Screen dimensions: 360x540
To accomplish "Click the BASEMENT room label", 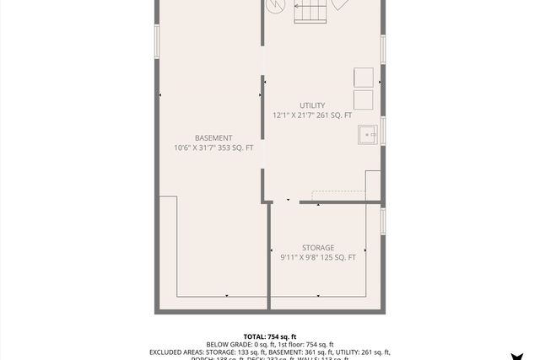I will coord(213,137).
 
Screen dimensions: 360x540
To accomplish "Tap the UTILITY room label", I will coord(311,105).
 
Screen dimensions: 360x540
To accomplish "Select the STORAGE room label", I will coord(318,248).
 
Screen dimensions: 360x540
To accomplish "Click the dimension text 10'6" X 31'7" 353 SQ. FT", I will coord(213,148).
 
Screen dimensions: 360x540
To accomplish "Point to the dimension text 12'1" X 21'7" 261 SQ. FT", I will coord(311,116).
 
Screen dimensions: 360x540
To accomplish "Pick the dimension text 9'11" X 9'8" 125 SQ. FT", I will coord(318,258).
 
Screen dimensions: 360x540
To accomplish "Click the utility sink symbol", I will coord(368,134).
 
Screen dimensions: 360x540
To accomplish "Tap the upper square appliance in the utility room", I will coord(363,77).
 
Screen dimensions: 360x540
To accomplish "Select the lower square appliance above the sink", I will coord(363,99).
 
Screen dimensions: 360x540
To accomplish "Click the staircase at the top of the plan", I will coord(310,11).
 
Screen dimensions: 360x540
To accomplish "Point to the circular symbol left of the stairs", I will coord(275,5).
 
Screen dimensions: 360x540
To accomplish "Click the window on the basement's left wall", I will coord(157,41).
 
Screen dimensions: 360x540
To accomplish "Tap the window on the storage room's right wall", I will coord(383,221).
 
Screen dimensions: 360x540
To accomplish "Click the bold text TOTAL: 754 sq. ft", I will coord(270,336).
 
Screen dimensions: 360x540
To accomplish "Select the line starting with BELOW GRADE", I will coord(270,345).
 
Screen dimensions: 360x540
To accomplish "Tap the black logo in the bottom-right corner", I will coord(516,356).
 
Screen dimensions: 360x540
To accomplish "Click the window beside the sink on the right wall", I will coord(383,132).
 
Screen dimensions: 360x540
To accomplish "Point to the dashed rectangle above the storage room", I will coord(338,196).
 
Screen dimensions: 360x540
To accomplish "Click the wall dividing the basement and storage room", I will coord(268,253).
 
